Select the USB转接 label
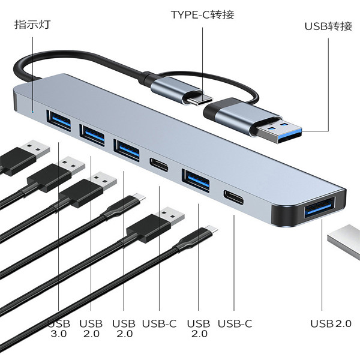pyautogui.click(x=328, y=26)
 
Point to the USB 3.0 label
pyautogui.click(x=58, y=329)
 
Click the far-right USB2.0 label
pyautogui.click(x=331, y=324)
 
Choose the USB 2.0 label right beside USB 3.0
pyautogui.click(x=91, y=329)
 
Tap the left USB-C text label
pyautogui.click(x=159, y=324)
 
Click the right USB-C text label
pyautogui.click(x=235, y=324)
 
